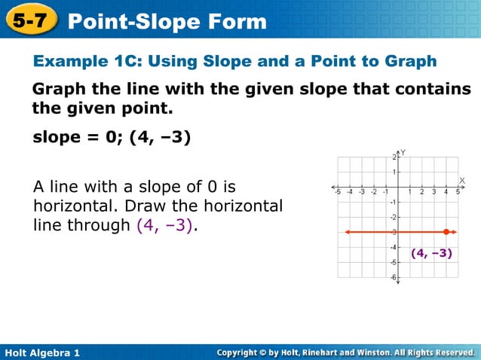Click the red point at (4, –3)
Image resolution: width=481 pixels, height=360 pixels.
pos(446,232)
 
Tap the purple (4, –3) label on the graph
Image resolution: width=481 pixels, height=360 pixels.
pos(431,254)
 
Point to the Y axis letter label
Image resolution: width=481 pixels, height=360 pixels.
pos(403,152)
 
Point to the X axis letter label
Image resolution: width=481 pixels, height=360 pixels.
pos(462,180)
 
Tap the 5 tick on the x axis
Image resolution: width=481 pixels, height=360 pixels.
pos(458,192)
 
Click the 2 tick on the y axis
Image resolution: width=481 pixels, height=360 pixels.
pos(394,157)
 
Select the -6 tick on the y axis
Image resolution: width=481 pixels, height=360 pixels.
pos(393,278)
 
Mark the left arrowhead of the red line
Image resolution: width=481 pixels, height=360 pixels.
pos(347,232)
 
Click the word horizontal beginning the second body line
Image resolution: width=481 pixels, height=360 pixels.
pos(68,206)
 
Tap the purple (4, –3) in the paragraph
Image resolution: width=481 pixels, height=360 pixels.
pos(165,225)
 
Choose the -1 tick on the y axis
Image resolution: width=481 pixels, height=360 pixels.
pos(393,202)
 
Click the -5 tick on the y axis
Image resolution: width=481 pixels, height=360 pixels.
pos(393,263)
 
